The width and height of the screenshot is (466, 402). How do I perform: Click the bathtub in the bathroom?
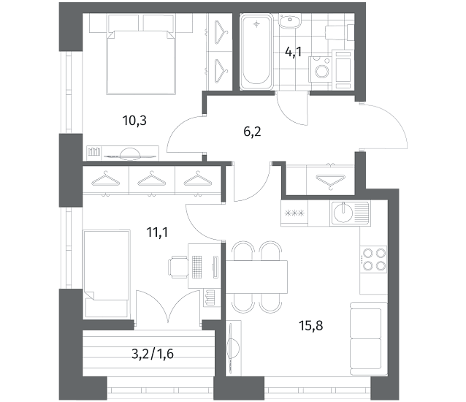pos(256,51)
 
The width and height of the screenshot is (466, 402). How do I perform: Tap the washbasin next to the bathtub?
pos(289,21)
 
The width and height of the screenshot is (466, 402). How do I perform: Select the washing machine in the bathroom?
pos(321,69)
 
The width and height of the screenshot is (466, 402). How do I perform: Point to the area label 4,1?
pos(293,53)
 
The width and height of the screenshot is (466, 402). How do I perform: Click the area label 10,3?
pos(134,121)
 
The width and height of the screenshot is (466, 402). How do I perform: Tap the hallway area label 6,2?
pos(252,132)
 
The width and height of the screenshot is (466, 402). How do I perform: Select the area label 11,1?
pos(157,232)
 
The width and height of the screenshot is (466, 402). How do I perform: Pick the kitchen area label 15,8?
pos(311,325)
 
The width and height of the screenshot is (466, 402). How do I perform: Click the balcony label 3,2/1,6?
pos(153,354)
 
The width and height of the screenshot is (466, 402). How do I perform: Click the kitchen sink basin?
pos(343,213)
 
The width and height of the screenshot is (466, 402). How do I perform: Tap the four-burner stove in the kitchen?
pos(373,259)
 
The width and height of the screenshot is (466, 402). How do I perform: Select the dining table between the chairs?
pos(256,277)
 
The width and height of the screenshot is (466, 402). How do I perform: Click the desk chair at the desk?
pos(178,268)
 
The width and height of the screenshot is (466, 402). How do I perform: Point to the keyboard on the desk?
pos(196,267)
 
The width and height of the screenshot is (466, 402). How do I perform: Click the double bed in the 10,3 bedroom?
pos(141,62)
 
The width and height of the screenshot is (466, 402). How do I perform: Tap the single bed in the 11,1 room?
pos(107,273)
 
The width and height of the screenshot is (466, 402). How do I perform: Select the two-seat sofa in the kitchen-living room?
pos(369,339)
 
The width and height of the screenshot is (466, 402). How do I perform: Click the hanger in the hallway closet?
pos(330,181)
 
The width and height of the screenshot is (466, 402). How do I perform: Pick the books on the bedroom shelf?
pos(94,151)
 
